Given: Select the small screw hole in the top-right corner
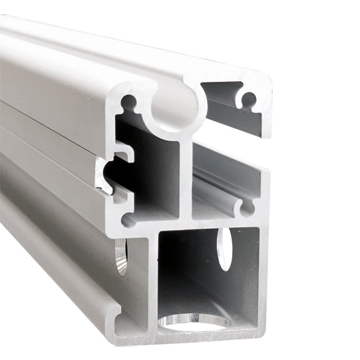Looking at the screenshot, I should coord(249,100).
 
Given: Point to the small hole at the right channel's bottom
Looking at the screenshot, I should coord(247,208).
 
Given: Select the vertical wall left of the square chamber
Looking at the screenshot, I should coord(152,279).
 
